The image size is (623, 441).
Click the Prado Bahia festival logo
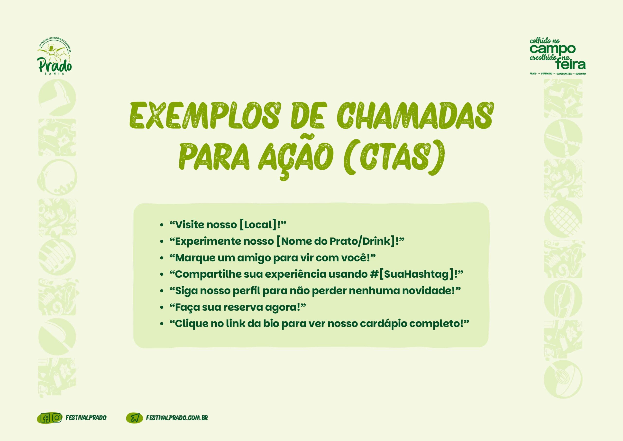click(x=55, y=57)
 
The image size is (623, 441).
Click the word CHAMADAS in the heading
click(x=415, y=116)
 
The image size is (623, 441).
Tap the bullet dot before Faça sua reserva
click(x=162, y=308)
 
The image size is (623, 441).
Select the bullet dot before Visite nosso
click(x=162, y=225)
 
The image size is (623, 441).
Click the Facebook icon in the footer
click(x=45, y=418)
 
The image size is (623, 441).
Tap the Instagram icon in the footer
click(x=56, y=418)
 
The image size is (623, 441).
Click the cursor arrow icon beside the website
click(x=135, y=418)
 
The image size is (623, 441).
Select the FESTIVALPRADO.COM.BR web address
click(x=177, y=418)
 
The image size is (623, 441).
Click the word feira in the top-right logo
click(x=570, y=64)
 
